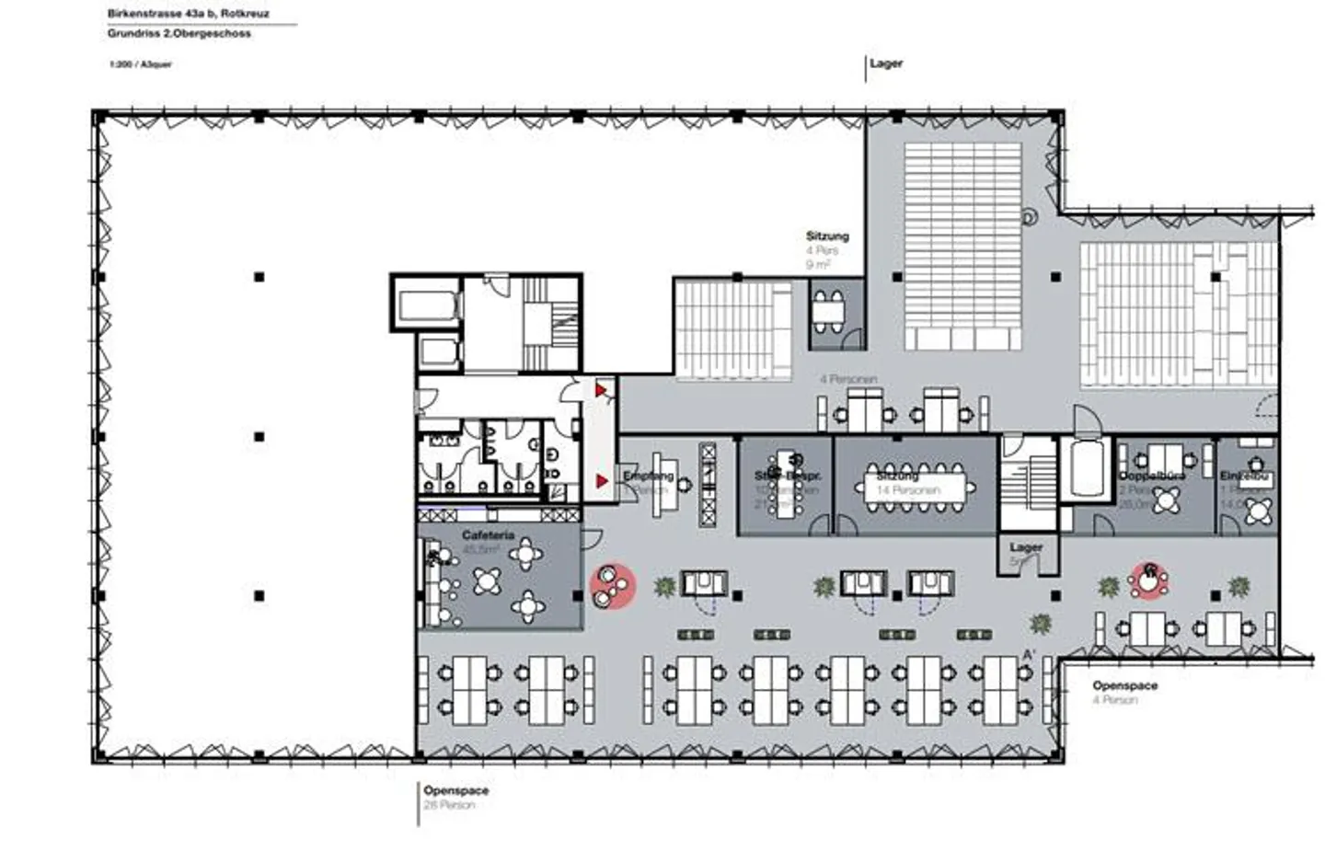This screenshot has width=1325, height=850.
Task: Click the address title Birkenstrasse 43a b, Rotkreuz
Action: click(x=188, y=14)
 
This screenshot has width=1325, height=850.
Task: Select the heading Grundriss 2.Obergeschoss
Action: click(x=179, y=33)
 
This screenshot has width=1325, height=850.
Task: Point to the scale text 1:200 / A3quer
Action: click(x=140, y=64)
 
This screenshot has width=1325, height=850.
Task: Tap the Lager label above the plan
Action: click(x=886, y=63)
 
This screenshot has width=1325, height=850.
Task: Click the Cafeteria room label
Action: click(x=488, y=535)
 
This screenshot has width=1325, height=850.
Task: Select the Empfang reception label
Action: click(x=648, y=477)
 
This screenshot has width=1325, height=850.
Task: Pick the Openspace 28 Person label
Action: click(x=455, y=791)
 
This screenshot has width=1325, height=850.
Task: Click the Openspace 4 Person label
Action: click(x=1124, y=686)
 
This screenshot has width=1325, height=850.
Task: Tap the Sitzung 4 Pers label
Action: click(x=827, y=237)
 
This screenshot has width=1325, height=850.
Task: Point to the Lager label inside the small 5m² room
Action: click(x=1026, y=547)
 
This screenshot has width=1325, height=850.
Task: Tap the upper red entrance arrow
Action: click(x=600, y=391)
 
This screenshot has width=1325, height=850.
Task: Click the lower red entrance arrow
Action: click(x=601, y=481)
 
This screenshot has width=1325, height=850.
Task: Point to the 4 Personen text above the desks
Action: click(x=848, y=379)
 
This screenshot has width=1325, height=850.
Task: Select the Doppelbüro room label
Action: click(x=1151, y=476)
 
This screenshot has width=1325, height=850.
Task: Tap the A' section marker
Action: click(x=1029, y=654)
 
